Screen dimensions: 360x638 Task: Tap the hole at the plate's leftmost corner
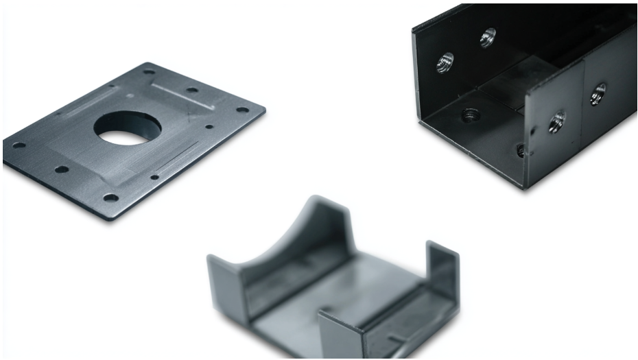coord(19,145)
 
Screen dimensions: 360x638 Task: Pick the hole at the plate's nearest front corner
coord(110,197)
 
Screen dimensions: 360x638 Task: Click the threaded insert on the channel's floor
coord(471,115)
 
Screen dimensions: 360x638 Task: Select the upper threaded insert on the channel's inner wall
coord(488,37)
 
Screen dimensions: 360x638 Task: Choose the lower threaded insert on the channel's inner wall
coord(445,62)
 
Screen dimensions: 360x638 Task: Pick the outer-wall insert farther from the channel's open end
coord(598,93)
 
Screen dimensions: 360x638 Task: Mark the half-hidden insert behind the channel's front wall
coord(521,149)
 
